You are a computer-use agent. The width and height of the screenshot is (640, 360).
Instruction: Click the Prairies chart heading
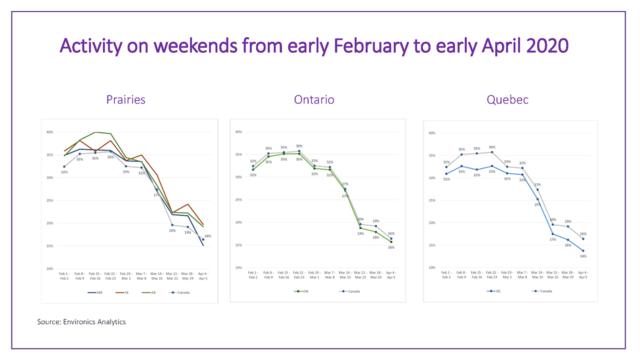point(125,99)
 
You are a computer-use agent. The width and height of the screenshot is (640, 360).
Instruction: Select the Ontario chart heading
point(314,99)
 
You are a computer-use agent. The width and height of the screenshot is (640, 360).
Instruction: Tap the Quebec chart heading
point(507,99)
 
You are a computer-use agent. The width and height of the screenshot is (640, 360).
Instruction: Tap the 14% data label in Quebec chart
point(583,256)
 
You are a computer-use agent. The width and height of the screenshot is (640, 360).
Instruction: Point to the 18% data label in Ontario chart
point(376,237)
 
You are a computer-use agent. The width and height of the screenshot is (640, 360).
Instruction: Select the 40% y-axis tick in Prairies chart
point(49,132)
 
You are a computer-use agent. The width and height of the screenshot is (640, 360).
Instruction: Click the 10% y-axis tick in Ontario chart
point(238,267)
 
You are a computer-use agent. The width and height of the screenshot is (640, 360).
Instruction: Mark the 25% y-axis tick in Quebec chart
point(431,200)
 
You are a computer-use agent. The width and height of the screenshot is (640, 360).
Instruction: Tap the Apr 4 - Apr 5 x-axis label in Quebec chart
point(583,274)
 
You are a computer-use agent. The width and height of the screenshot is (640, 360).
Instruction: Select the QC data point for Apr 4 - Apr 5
point(583,250)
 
